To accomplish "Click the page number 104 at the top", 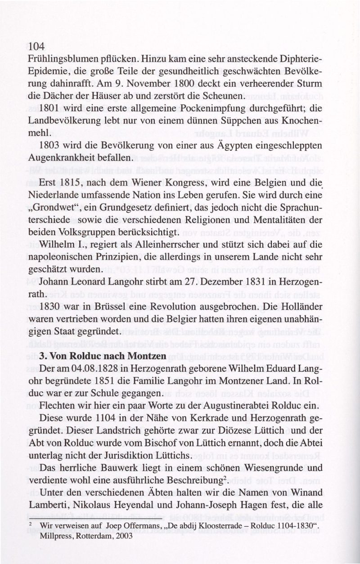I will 36,46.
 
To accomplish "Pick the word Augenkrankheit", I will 58,158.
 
